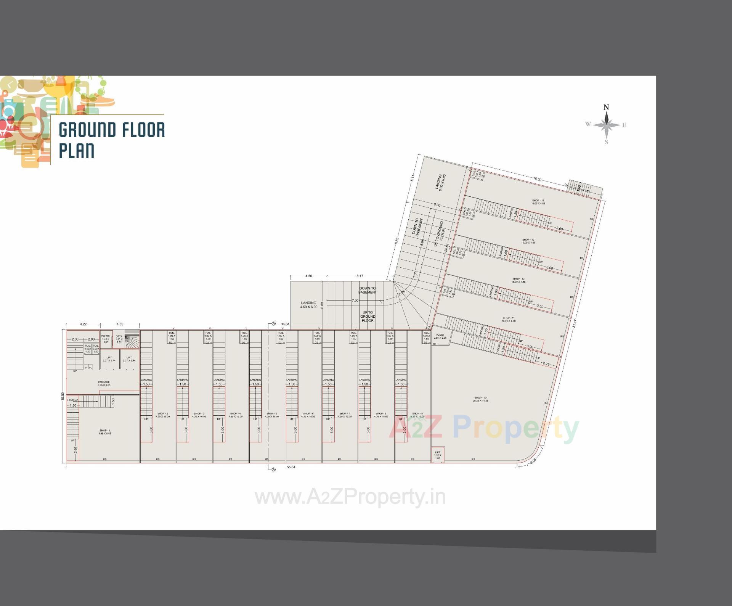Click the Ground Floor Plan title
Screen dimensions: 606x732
[111, 140]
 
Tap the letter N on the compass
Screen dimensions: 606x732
[606, 107]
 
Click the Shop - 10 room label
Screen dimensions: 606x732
[480, 399]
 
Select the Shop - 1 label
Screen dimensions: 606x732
[105, 432]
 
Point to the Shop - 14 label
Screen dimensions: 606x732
[538, 202]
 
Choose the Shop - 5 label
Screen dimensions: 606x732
[272, 415]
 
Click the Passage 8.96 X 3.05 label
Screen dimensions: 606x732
[104, 383]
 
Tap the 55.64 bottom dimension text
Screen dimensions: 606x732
[291, 467]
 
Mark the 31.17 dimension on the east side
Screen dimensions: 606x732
[575, 323]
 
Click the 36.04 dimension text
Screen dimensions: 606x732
[285, 324]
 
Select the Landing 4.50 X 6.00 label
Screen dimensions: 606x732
[308, 305]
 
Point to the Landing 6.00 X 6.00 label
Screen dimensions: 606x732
[440, 182]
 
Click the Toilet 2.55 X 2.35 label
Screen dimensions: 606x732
[440, 336]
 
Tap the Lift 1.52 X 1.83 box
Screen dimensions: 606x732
[437, 455]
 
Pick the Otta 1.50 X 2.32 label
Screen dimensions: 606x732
[119, 339]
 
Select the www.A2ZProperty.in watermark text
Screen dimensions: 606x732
[350, 497]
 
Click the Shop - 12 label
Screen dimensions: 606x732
[518, 280]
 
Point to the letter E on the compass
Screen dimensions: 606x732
[624, 125]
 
